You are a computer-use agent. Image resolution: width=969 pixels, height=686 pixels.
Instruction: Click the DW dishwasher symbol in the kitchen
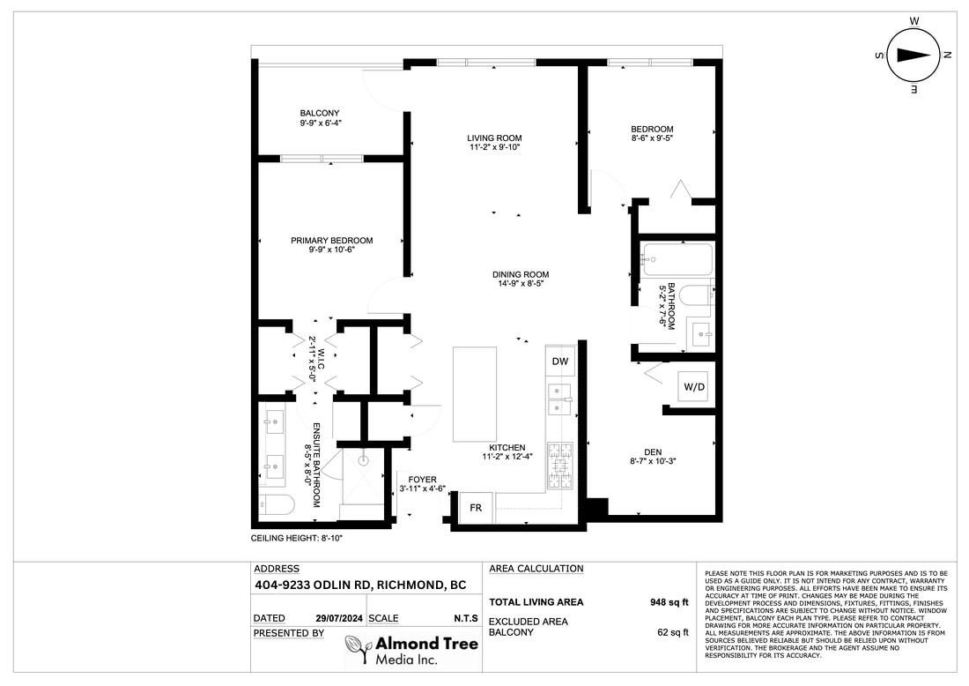click(x=560, y=362)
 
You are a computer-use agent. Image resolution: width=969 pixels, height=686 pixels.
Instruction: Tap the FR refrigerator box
click(x=476, y=508)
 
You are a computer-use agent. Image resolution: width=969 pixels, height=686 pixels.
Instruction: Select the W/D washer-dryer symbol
click(x=693, y=387)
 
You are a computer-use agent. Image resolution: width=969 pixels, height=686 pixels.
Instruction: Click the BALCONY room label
click(x=320, y=113)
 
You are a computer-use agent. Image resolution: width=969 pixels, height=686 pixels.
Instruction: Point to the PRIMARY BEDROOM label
click(x=332, y=241)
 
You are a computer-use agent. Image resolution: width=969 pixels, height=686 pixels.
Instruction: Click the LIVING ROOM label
click(x=494, y=138)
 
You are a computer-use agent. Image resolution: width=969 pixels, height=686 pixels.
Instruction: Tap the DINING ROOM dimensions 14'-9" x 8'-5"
click(x=521, y=284)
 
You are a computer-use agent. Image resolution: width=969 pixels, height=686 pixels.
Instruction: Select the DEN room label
click(x=653, y=452)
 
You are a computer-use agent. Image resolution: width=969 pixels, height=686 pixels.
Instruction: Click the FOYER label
click(x=422, y=480)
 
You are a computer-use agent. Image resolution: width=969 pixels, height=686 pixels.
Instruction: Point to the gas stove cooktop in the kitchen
click(x=560, y=466)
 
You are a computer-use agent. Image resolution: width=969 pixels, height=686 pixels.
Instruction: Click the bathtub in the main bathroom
click(x=677, y=260)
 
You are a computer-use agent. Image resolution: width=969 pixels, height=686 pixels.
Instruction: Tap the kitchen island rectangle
click(x=475, y=394)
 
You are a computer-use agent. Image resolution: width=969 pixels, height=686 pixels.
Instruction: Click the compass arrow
click(x=914, y=55)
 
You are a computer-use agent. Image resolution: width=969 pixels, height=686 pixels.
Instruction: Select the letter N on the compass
click(x=946, y=55)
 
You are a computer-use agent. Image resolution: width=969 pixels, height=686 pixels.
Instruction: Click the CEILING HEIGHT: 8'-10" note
click(x=297, y=538)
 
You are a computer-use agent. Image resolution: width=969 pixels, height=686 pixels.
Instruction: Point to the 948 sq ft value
click(x=669, y=602)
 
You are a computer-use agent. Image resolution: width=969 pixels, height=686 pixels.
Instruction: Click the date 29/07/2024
click(x=339, y=618)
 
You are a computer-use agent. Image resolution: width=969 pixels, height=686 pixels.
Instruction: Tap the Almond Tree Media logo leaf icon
click(x=358, y=650)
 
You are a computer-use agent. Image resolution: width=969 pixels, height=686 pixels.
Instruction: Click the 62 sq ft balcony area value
click(x=672, y=632)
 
